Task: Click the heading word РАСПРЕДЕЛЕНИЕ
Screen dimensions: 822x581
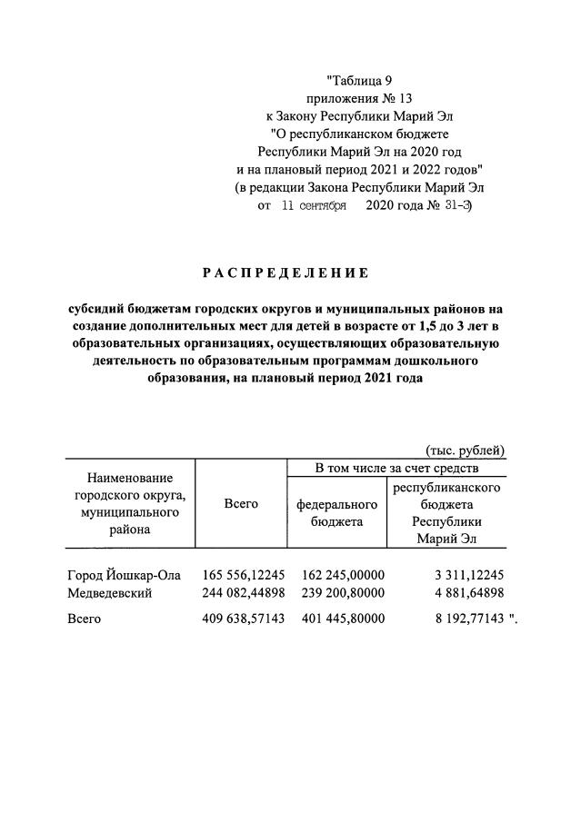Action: click(285, 272)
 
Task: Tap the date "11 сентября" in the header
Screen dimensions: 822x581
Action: click(314, 206)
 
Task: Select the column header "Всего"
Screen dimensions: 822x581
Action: click(241, 504)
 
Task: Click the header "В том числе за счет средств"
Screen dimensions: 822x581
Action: click(396, 469)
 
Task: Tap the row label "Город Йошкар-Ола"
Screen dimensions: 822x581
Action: click(125, 575)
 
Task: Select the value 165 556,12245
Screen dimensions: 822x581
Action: click(245, 575)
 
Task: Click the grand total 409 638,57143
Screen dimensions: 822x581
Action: click(245, 619)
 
